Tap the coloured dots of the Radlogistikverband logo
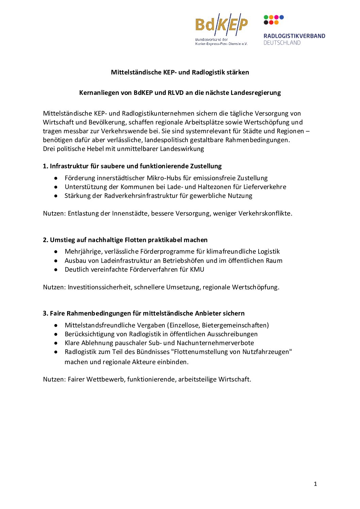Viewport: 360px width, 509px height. [274, 20]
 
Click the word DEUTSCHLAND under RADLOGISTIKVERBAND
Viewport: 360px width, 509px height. [282, 43]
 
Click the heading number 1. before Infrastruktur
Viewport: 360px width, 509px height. [46, 166]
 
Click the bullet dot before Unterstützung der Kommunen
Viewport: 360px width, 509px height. [56, 187]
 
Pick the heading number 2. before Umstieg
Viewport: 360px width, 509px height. [46, 240]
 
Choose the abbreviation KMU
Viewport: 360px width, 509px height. [197, 270]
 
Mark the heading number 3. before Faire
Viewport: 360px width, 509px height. [46, 313]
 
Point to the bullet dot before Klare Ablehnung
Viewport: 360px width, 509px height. [56, 343]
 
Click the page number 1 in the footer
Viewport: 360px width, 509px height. [315, 484]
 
